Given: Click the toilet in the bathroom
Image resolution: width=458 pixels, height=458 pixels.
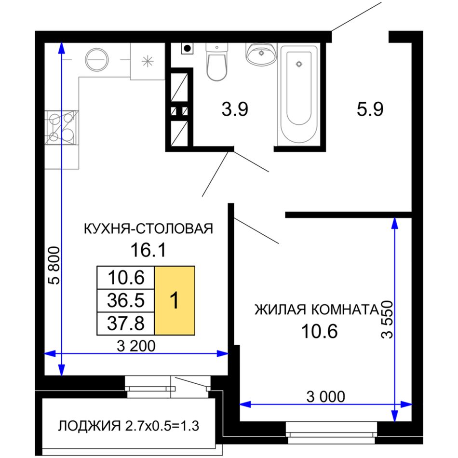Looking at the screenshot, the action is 216,62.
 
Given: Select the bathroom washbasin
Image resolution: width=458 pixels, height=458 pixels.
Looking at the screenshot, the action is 261,54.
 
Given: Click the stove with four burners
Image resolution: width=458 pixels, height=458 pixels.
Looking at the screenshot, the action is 62,127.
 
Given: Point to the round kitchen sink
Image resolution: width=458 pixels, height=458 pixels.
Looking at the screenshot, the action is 97,60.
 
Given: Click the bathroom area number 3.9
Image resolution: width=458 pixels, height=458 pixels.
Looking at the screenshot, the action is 235,109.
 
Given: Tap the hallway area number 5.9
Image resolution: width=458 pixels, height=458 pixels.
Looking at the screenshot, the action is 370,109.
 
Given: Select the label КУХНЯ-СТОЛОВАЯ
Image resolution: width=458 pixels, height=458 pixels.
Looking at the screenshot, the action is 148,229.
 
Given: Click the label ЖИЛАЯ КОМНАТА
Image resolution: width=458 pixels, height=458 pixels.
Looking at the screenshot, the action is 316,310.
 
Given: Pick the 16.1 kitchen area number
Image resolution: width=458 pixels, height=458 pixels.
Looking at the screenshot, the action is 148,250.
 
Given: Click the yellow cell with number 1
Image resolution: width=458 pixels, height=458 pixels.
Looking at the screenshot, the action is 175,300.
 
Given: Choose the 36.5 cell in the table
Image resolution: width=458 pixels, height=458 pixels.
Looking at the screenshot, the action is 126,300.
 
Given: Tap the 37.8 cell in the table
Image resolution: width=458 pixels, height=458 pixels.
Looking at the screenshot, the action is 126,323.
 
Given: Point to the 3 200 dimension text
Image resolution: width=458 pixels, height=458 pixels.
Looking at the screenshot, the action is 136,346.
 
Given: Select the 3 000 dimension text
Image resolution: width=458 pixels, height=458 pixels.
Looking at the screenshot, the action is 326,396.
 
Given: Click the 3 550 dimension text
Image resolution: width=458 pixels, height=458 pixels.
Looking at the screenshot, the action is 388,320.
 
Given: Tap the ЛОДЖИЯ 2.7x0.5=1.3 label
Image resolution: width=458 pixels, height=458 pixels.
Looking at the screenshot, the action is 129,426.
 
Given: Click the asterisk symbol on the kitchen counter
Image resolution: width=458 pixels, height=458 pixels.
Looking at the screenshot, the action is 148,61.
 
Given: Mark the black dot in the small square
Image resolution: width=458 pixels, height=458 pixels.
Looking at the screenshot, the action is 188,48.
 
